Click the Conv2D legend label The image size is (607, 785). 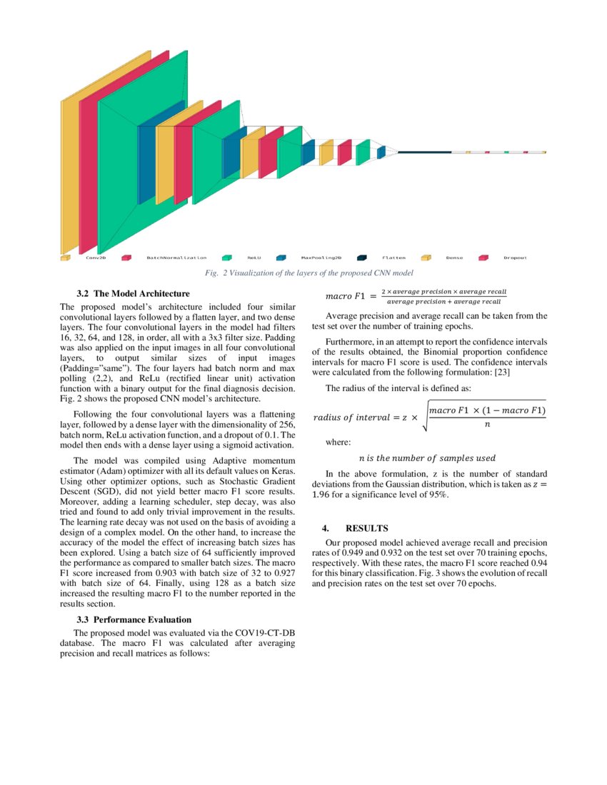point(96,258)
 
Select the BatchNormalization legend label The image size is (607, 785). point(176,258)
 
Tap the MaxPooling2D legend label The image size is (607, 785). point(321,258)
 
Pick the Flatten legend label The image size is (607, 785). point(393,258)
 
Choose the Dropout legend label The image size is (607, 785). point(515,258)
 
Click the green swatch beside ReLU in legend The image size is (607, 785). point(227,258)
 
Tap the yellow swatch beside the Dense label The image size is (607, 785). point(426,258)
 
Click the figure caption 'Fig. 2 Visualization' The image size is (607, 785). point(308,273)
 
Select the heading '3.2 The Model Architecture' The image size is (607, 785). point(133,293)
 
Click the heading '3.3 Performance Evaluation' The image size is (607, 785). point(134,619)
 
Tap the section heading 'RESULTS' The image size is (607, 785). point(366,528)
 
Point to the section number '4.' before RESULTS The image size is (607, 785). point(325,528)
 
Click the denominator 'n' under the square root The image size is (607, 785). point(487,424)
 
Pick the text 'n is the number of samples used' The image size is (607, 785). point(426,458)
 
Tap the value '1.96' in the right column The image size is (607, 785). point(323,495)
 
